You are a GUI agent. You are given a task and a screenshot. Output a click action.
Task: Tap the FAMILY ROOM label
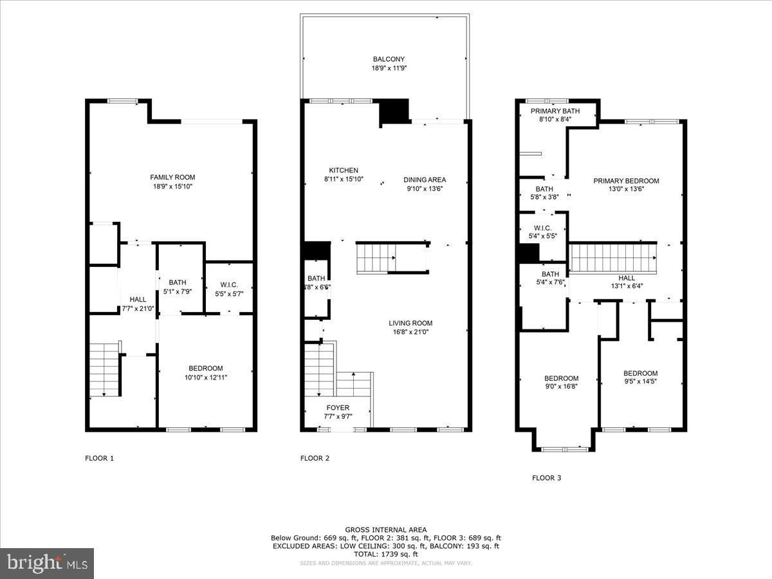pyautogui.click(x=172, y=178)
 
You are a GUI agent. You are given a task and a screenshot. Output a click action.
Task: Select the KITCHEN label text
pyautogui.click(x=343, y=170)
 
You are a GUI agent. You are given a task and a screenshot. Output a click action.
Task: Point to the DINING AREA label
pyautogui.click(x=425, y=179)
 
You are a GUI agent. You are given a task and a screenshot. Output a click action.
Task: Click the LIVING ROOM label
pyautogui.click(x=410, y=323)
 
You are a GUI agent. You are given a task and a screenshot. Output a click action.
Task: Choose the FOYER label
pyautogui.click(x=338, y=407)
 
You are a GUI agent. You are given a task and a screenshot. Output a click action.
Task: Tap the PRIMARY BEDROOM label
pyautogui.click(x=625, y=181)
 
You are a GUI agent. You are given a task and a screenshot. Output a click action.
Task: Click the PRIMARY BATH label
pyautogui.click(x=555, y=111)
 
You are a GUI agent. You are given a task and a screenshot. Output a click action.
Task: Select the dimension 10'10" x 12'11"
pyautogui.click(x=205, y=377)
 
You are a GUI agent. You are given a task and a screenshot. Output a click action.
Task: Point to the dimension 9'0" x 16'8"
pyautogui.click(x=561, y=387)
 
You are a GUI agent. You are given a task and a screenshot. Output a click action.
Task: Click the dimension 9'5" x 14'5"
pyautogui.click(x=640, y=381)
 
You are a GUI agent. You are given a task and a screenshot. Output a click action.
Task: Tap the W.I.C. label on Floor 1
pyautogui.click(x=229, y=285)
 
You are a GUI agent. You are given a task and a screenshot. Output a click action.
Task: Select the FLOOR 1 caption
pyautogui.click(x=99, y=459)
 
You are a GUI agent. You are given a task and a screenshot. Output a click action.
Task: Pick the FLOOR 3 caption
pyautogui.click(x=546, y=478)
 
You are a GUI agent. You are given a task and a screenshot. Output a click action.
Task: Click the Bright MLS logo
pyautogui.click(x=47, y=564)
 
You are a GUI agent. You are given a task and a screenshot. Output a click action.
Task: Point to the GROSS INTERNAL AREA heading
pyautogui.click(x=385, y=529)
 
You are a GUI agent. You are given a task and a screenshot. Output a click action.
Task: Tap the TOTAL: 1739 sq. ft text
pyautogui.click(x=385, y=554)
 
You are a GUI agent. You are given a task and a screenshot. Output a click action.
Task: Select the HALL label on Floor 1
pyautogui.click(x=138, y=300)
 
